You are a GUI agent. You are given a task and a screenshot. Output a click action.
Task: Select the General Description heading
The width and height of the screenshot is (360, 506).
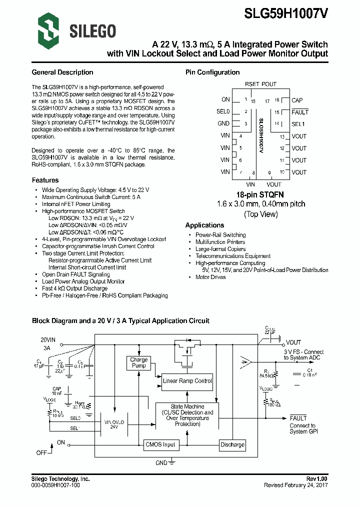62,72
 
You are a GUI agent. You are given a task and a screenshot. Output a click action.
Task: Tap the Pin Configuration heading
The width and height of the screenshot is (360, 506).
212,72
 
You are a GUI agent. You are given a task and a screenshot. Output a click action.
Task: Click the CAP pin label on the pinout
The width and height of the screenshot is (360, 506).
297,100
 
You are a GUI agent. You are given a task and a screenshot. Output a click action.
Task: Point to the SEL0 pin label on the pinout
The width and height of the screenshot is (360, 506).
223,111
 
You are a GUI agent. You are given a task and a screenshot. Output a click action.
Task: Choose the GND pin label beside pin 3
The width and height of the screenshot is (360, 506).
223,123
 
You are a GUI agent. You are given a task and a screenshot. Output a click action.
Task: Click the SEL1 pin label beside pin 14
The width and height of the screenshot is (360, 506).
298,123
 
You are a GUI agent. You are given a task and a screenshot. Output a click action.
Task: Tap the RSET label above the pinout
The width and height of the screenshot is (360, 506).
252,84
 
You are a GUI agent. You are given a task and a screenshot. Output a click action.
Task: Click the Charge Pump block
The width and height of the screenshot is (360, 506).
138,362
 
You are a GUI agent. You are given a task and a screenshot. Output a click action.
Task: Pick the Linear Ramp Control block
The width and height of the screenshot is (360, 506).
187,381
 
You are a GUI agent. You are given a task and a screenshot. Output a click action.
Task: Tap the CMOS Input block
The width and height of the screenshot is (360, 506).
160,444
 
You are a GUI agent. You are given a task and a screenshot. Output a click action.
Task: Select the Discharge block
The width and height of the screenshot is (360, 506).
232,444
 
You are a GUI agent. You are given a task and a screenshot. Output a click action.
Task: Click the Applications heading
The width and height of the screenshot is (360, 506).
204,225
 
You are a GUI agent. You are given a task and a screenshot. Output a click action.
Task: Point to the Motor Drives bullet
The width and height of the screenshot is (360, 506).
210,277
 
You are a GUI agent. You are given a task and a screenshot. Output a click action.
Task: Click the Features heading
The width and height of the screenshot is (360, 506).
45,180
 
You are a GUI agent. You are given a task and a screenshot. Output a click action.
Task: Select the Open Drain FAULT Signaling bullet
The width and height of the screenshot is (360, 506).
75,274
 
